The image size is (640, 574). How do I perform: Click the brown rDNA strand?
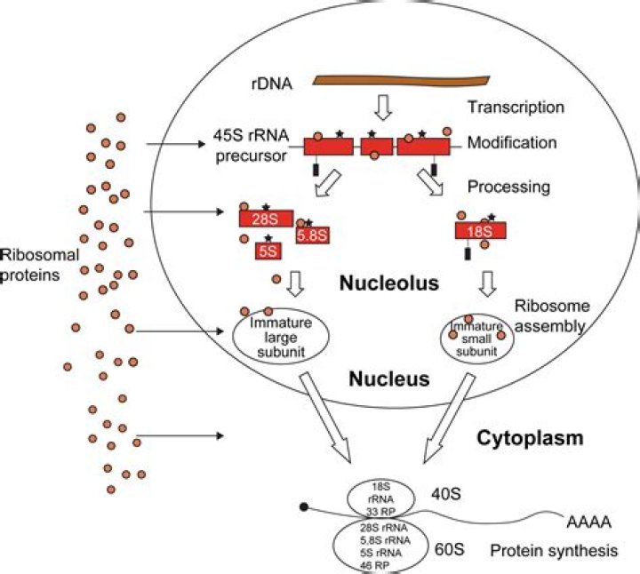coord(401,81)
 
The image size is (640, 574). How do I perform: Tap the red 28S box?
coord(266,219)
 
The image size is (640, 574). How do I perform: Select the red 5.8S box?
coord(313,235)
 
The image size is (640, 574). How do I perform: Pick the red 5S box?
coord(268,251)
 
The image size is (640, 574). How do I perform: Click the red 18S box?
coord(480,230)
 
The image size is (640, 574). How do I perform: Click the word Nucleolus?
coord(389,283)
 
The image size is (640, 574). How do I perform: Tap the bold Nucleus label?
coord(389,379)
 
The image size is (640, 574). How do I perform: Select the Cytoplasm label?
coord(530,438)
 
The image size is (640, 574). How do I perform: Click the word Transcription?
coord(516,107)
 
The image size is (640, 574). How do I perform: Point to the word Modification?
coord(512,142)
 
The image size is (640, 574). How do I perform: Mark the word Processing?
coord(508,187)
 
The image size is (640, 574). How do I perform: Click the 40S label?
coord(446,494)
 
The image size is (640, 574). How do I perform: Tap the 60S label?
coord(449,549)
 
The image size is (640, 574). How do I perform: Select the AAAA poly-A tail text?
coord(589,522)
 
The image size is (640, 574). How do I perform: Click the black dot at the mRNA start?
coord(304,506)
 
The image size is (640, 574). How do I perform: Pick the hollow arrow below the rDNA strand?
coord(383,108)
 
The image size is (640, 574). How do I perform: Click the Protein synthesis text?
coord(554,551)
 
